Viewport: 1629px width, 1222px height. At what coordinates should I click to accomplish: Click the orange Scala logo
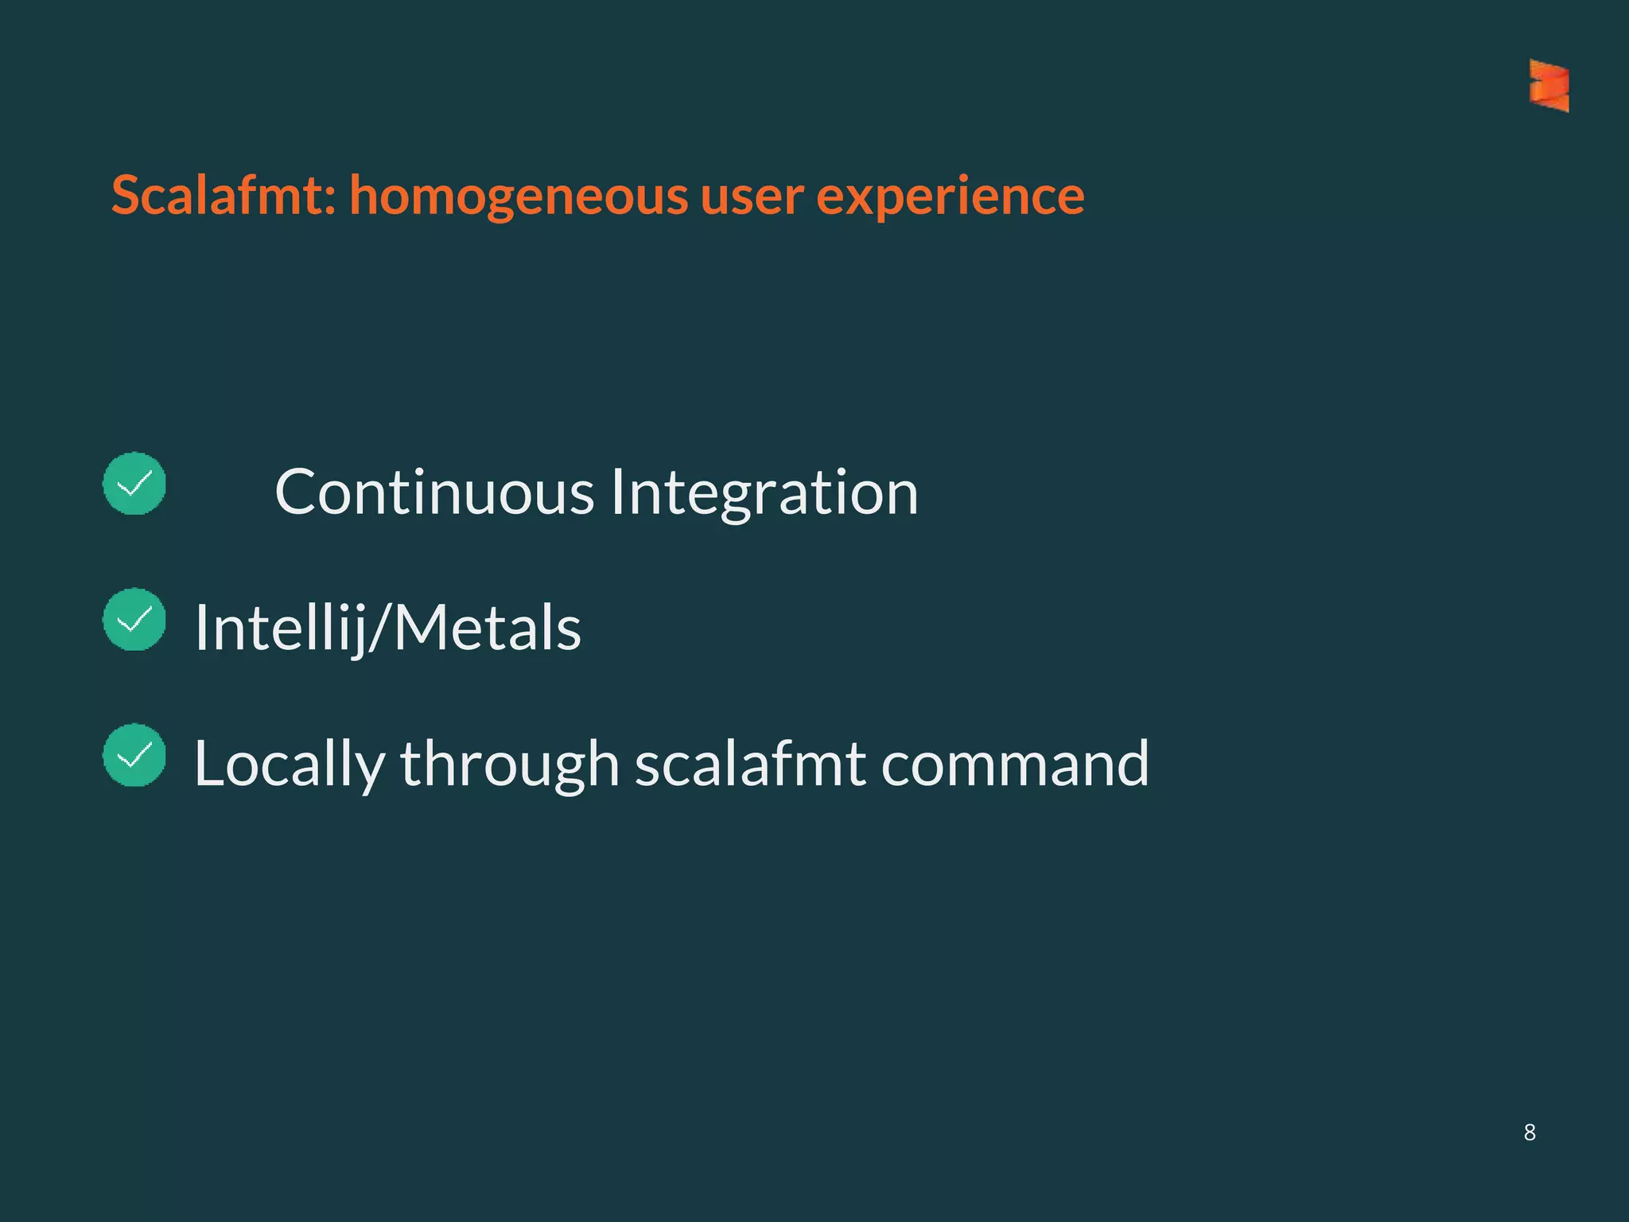coord(1549,85)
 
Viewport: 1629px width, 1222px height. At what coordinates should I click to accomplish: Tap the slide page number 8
coord(1530,1132)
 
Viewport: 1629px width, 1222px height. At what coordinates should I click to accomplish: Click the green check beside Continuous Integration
coord(134,484)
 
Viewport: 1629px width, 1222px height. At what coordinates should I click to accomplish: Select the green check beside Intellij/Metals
coord(134,620)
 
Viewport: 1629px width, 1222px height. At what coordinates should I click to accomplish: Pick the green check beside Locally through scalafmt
coord(134,755)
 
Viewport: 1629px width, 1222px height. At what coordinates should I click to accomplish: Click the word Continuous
coord(434,492)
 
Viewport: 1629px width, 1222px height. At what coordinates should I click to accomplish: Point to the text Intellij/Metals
coord(388,629)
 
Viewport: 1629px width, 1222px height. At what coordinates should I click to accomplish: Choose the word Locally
coord(289,765)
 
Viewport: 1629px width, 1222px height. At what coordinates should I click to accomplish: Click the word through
coord(509,765)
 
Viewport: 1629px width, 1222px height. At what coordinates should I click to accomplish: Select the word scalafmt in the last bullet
coord(750,764)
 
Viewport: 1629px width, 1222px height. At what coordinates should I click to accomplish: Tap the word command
coord(1015,764)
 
